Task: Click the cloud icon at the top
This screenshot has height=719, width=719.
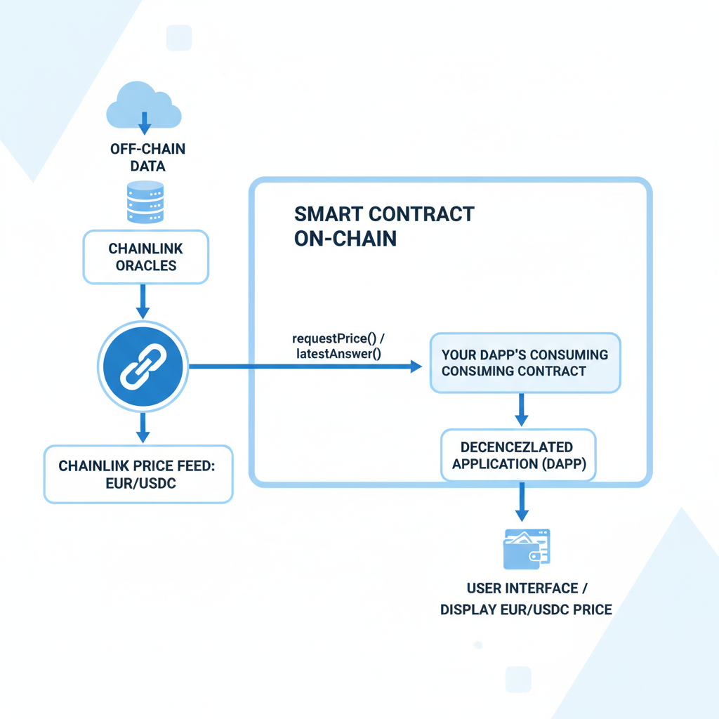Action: (143, 106)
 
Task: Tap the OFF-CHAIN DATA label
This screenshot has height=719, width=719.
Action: (147, 157)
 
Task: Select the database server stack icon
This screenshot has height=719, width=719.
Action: (143, 202)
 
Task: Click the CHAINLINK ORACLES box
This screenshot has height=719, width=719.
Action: (146, 257)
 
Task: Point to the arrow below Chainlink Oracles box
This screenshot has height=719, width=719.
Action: (143, 301)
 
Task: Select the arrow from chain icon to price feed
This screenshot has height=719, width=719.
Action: (143, 426)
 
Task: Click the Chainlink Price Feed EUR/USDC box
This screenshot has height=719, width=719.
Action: (138, 474)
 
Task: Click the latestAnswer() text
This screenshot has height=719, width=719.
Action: (338, 354)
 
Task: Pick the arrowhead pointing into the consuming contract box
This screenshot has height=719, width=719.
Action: (415, 367)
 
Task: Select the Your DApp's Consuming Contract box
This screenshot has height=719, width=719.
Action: (525, 362)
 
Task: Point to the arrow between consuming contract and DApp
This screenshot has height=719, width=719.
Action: (521, 409)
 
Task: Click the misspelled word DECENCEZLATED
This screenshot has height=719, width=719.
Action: (517, 447)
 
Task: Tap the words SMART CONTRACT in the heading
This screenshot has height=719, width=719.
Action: (384, 213)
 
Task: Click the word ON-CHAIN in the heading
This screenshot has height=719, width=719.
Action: (345, 238)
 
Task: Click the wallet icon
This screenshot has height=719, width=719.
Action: (527, 549)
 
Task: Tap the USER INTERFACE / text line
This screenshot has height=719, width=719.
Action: (522, 588)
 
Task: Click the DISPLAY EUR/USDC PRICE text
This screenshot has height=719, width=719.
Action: (526, 609)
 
